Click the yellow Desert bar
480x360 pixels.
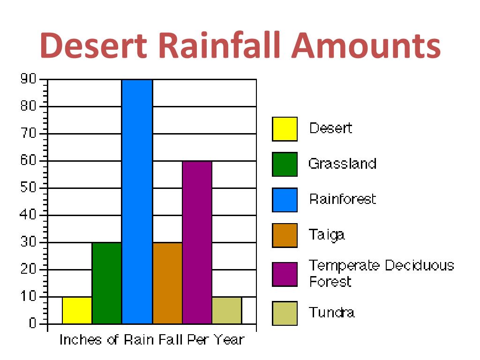tap(77, 310)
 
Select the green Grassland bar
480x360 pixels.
tap(107, 283)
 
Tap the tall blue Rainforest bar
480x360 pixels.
tap(137, 202)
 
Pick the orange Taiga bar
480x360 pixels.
tap(167, 283)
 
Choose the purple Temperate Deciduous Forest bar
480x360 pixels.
tap(197, 242)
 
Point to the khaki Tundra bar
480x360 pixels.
tap(227, 310)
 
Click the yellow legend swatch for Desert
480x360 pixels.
tap(285, 129)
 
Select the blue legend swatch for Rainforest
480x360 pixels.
tap(285, 200)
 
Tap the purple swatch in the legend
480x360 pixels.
tap(285, 274)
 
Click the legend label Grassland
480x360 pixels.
tap(342, 164)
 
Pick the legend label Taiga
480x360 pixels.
tap(327, 235)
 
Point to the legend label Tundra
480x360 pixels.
tap(332, 312)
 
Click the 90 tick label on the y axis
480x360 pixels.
tap(28, 79)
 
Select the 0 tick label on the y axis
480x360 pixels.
tap(32, 323)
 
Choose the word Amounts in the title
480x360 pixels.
tap(366, 45)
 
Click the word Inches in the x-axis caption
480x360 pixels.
tap(80, 339)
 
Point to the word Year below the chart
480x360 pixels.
tap(229, 339)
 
